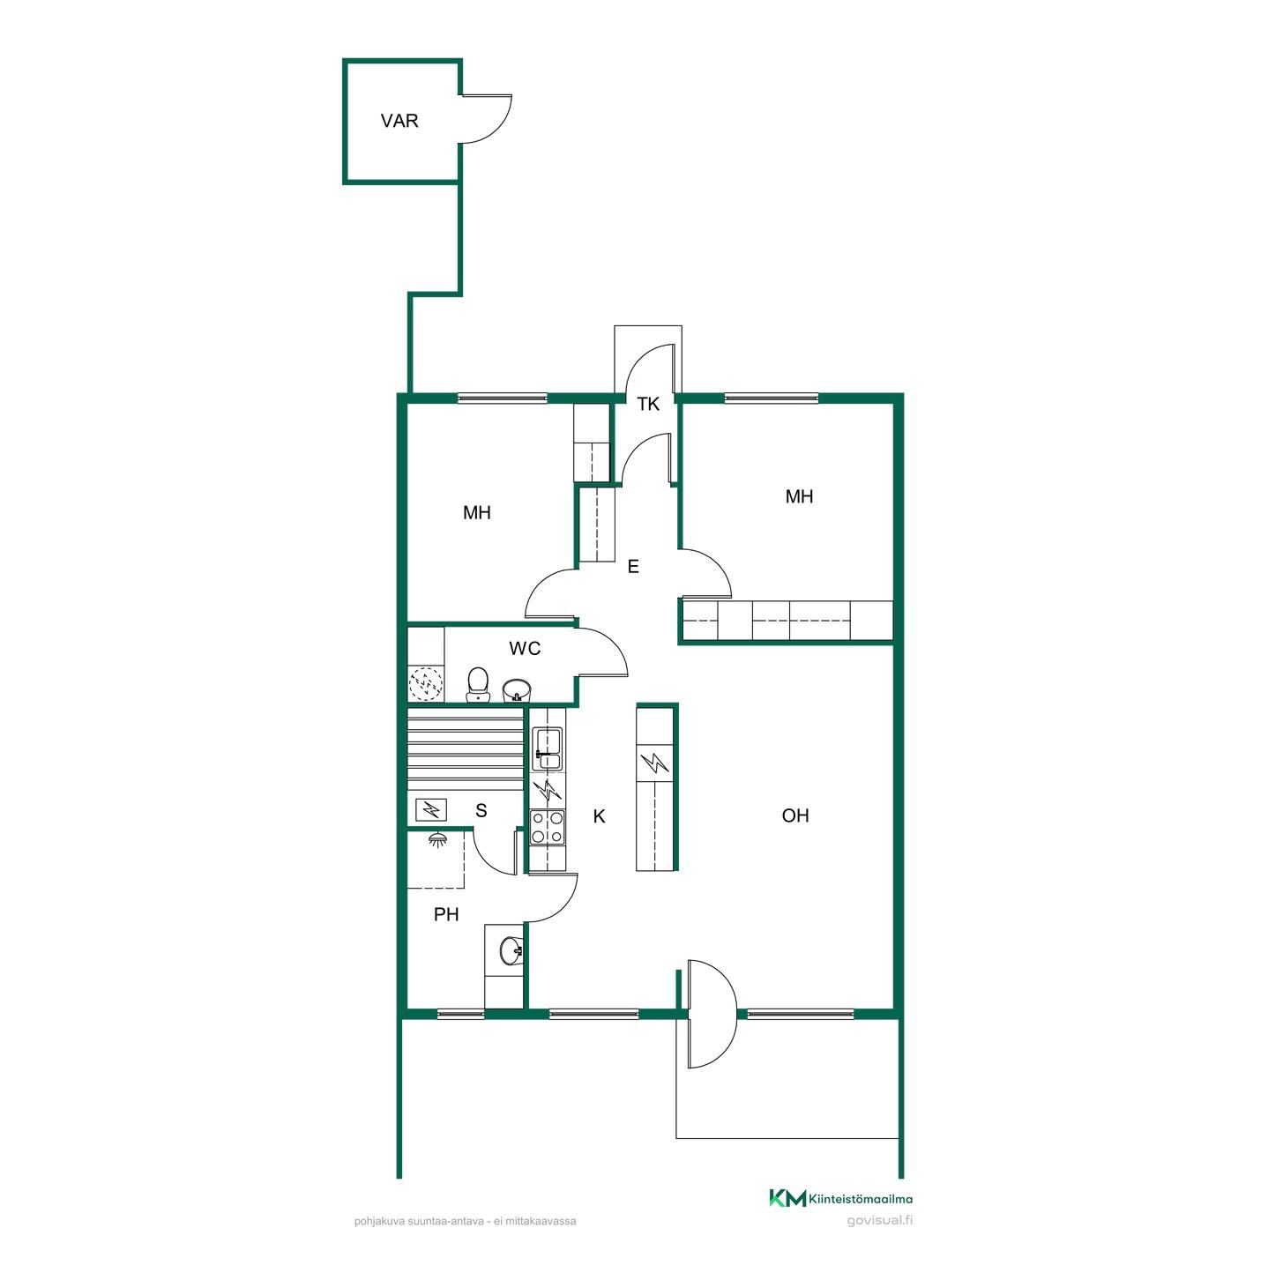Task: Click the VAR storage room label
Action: tap(399, 121)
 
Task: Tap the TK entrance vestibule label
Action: tap(648, 404)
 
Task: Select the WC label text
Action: tap(525, 649)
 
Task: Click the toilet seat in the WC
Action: tap(478, 684)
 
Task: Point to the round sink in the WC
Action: tap(516, 690)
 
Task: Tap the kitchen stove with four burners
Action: tap(548, 827)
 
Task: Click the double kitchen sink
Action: tap(548, 748)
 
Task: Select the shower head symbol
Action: tap(436, 839)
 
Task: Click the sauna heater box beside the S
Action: tap(431, 809)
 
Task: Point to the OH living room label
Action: tap(794, 815)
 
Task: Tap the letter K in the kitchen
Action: tap(600, 816)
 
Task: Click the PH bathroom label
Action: tap(446, 915)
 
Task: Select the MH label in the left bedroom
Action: tap(476, 512)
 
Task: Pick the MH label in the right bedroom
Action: tap(799, 497)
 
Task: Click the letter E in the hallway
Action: tap(633, 567)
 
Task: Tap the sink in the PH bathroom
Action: tap(511, 952)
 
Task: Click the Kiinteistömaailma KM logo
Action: tap(840, 1199)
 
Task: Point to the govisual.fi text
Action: tap(879, 1220)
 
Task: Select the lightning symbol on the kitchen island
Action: tap(654, 763)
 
